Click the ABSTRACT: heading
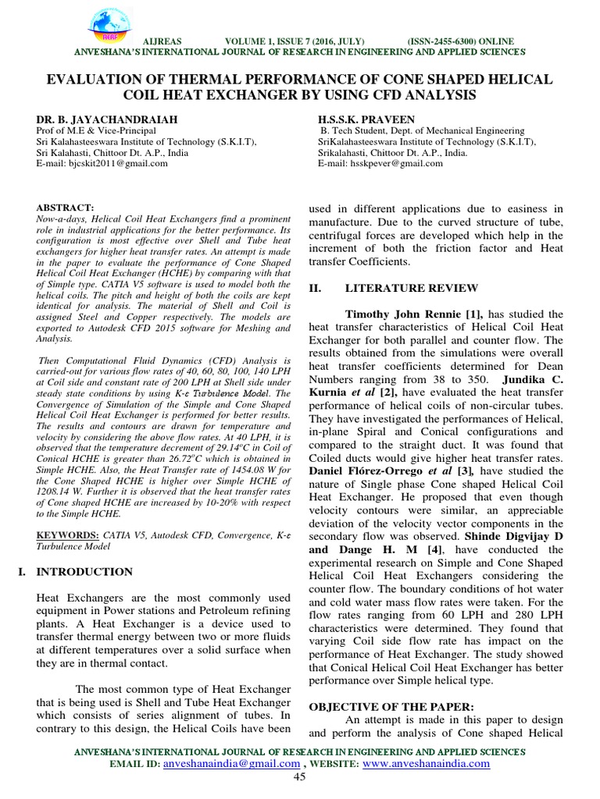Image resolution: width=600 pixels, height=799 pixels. [x=65, y=207]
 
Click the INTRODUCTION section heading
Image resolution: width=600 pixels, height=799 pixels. [x=85, y=572]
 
